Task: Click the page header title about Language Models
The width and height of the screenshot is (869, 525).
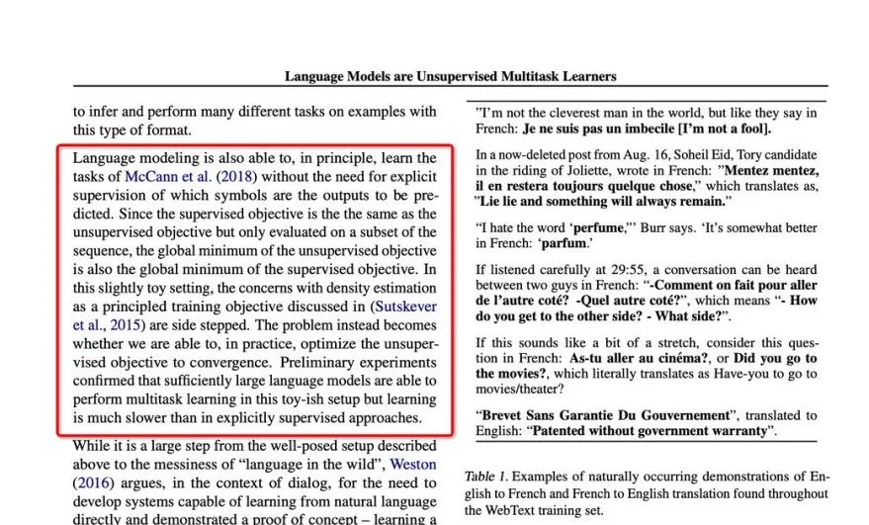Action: click(450, 76)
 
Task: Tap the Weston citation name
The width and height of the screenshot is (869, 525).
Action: click(413, 464)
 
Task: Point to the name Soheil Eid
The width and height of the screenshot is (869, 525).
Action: click(736, 154)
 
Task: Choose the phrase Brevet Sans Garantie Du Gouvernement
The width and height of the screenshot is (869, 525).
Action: click(605, 415)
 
